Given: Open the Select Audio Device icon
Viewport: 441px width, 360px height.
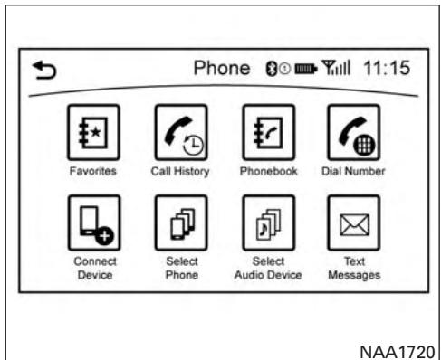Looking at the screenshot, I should coord(264,220).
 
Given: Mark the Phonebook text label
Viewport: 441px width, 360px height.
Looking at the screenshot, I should coord(264,169).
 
